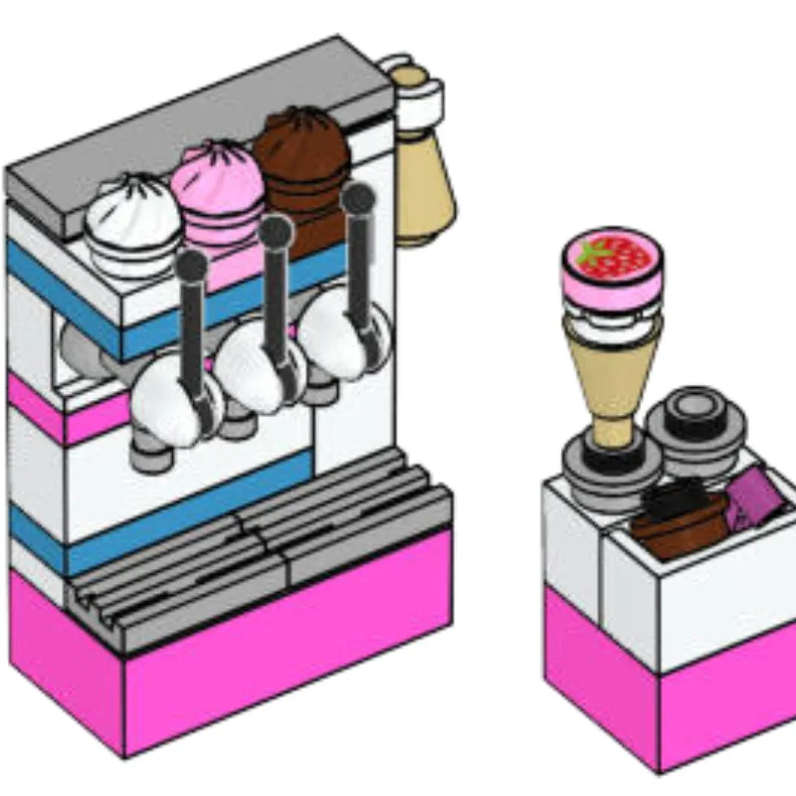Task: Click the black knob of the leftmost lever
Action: tap(192, 267)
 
